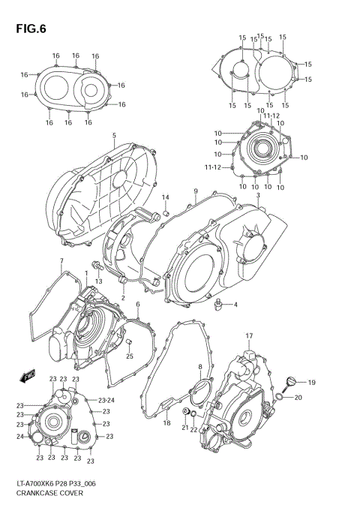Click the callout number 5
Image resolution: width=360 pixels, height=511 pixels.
pyautogui.click(x=114, y=136)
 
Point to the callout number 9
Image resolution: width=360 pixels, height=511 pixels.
pyautogui.click(x=195, y=192)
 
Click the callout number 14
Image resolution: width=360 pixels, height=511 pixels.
pyautogui.click(x=166, y=197)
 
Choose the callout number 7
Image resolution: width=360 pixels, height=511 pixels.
pyautogui.click(x=61, y=260)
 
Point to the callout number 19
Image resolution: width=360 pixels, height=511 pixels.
pyautogui.click(x=311, y=383)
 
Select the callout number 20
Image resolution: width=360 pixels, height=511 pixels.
pyautogui.click(x=298, y=398)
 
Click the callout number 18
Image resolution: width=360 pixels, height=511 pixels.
pyautogui.click(x=166, y=423)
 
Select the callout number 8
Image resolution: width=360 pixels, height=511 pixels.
pyautogui.click(x=199, y=367)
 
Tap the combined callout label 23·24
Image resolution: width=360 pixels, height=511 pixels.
pyautogui.click(x=106, y=400)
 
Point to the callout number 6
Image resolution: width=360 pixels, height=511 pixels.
pyautogui.click(x=137, y=304)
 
